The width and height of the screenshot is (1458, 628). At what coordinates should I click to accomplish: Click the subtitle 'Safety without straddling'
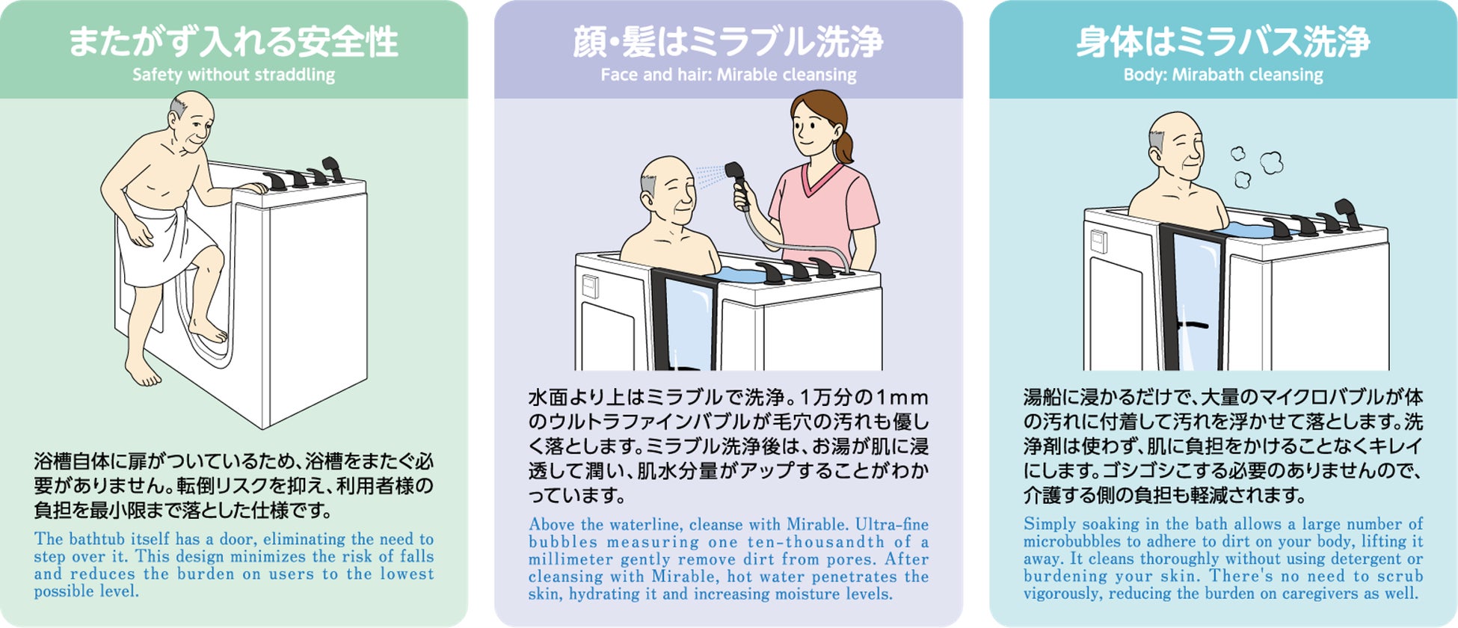click(x=233, y=75)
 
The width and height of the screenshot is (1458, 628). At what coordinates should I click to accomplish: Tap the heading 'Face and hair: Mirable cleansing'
click(x=728, y=75)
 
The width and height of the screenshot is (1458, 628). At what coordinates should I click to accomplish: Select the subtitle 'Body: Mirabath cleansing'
click(x=1223, y=75)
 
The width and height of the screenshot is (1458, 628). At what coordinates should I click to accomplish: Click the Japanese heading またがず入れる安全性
click(x=233, y=42)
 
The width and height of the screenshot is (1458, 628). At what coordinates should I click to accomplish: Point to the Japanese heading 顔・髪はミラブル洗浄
click(x=728, y=42)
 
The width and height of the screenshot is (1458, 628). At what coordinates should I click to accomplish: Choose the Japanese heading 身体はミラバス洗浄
click(x=1223, y=42)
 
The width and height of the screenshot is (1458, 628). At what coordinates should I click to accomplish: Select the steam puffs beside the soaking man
click(x=1256, y=166)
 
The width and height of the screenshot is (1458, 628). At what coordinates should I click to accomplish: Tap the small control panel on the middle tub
click(x=590, y=286)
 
